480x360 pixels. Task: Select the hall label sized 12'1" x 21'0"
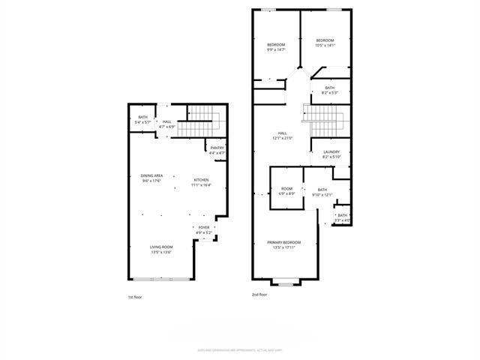click(281, 136)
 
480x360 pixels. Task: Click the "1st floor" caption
click(134, 297)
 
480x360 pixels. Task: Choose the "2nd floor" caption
click(259, 295)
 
